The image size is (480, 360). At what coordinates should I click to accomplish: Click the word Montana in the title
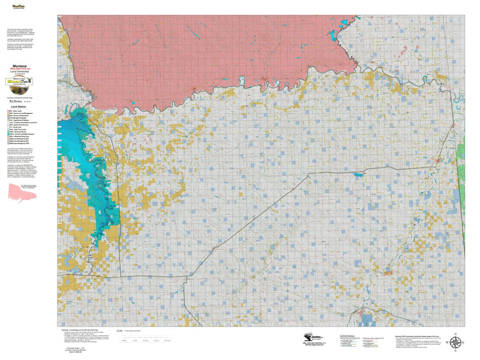pos(19,66)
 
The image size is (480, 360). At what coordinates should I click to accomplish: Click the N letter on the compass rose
pos(455,334)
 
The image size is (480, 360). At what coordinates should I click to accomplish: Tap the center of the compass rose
pos(455,343)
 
